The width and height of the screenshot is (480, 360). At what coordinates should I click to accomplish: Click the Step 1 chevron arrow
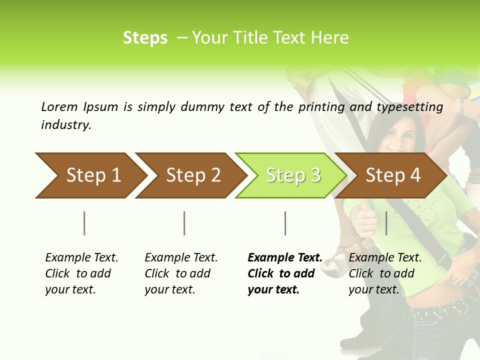pos(90,175)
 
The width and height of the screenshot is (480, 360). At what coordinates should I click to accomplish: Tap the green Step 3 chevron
pos(291,175)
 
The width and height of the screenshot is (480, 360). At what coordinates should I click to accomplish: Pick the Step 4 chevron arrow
pos(391,175)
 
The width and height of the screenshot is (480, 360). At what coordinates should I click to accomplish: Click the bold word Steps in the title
pos(145,38)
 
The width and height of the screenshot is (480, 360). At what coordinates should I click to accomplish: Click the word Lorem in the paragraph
pos(59,106)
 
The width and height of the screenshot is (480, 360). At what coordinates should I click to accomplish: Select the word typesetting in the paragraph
pos(409,107)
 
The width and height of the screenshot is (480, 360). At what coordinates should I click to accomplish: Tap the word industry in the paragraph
pos(65,125)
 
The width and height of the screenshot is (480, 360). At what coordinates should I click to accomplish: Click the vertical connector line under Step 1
pos(84,223)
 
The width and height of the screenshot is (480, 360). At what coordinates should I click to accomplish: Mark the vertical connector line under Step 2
pos(184,223)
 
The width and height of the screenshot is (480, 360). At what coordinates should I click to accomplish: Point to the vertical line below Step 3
pos(285,223)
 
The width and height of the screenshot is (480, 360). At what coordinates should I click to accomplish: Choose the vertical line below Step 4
pos(386,223)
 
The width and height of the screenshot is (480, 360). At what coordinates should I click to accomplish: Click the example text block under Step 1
pos(81,273)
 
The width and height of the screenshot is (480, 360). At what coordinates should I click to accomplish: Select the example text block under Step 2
pos(181,273)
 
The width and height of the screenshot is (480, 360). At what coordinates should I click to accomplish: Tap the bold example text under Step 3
pos(284,273)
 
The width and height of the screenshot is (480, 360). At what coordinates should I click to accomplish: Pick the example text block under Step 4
pos(385,273)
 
